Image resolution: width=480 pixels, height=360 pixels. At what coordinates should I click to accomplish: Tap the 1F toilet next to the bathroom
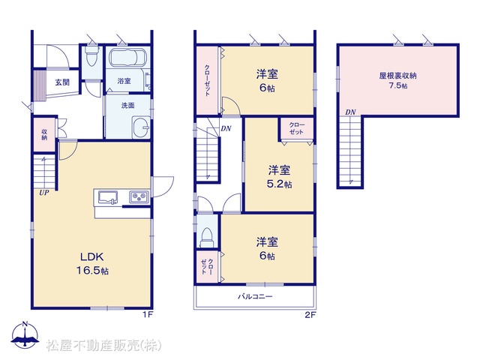(91, 57)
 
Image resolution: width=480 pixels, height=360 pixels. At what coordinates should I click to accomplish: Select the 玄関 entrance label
(62, 82)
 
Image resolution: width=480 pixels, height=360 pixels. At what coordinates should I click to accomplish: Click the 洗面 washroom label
(128, 106)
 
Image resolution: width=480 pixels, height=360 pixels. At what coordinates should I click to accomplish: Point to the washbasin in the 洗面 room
(141, 127)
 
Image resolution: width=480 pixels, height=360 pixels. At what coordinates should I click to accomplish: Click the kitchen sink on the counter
(108, 196)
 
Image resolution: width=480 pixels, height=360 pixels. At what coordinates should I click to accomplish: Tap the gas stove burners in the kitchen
(139, 196)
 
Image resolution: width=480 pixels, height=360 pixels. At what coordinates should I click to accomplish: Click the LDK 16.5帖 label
(92, 263)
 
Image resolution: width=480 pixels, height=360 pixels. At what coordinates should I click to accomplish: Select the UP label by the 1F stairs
(43, 193)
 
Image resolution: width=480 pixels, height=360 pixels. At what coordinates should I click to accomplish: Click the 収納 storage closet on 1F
(44, 134)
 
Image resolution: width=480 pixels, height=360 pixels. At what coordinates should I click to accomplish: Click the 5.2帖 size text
(279, 184)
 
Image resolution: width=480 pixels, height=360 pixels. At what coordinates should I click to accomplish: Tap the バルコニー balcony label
(255, 296)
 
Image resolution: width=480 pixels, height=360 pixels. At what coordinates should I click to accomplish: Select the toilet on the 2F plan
(207, 237)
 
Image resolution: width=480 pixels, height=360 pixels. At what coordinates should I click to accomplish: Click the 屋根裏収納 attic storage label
(397, 76)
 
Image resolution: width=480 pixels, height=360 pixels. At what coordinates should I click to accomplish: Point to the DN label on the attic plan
(350, 112)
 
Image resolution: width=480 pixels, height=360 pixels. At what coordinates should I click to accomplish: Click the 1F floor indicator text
(148, 315)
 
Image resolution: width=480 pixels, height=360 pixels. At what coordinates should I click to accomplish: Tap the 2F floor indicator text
(310, 315)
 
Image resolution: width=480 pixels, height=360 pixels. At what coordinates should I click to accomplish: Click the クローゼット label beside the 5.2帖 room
(296, 128)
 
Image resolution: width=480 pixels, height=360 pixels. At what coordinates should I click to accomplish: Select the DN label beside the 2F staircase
(226, 128)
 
